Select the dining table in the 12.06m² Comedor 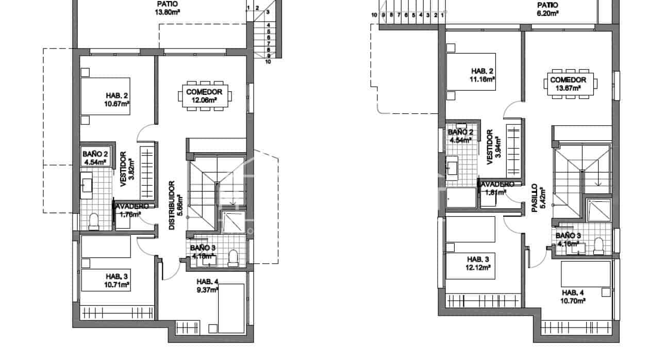[204, 96]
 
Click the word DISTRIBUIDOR [173, 205]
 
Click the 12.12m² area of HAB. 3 [478, 268]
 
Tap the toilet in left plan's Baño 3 [233, 257]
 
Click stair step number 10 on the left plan [268, 61]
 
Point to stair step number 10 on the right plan [374, 15]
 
